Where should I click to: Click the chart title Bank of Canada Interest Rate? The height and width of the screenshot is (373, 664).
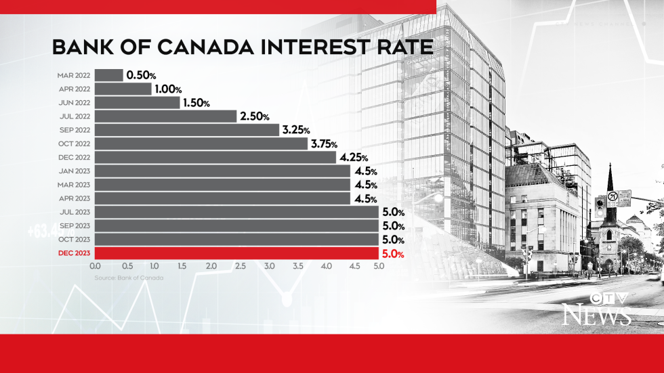242,48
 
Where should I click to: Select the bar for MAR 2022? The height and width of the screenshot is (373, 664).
108,75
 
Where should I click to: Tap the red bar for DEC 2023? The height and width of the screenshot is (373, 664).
236,253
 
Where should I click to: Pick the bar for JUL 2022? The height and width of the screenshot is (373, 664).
166,116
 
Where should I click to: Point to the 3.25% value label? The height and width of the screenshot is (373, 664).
296,129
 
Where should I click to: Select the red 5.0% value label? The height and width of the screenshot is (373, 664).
394,254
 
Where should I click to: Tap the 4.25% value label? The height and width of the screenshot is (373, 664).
354,157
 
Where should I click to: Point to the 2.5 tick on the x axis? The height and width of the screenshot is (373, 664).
241,267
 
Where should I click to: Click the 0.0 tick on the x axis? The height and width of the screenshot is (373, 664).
95,267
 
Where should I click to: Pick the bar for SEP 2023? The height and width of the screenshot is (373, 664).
236,226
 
